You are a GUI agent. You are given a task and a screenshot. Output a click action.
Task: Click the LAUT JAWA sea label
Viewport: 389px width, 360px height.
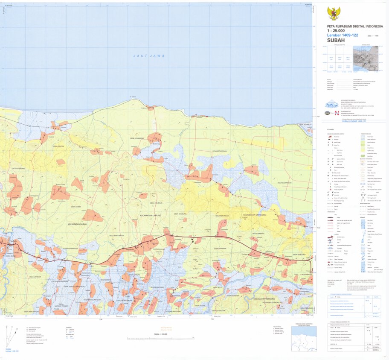[x=148, y=56]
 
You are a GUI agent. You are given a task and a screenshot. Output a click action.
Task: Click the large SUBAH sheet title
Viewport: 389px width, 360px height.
[x=335, y=41]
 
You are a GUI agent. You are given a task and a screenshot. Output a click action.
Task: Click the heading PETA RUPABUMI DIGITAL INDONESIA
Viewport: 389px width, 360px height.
[x=351, y=26]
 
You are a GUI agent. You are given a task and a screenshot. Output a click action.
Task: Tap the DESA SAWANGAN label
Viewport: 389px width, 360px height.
[x=284, y=183]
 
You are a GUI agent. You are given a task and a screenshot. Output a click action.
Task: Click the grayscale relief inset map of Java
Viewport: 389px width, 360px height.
[x=365, y=58]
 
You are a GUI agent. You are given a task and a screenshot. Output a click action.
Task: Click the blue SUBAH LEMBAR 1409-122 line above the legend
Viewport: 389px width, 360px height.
[x=348, y=122]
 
